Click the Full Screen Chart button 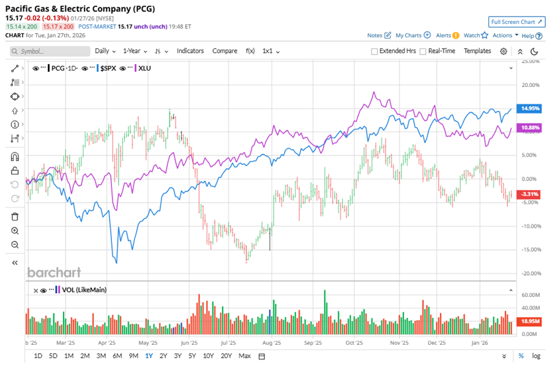click(x=517, y=22)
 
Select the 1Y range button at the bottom click(x=149, y=356)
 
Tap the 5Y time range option click(x=192, y=356)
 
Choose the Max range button click(x=244, y=356)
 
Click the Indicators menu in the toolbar click(x=190, y=51)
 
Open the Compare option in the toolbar click(x=225, y=51)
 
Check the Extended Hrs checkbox click(x=375, y=51)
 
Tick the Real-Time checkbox click(x=423, y=51)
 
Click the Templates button click(x=477, y=51)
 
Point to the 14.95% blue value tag click(x=529, y=108)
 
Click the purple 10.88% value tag click(x=529, y=127)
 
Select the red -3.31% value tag click(x=529, y=194)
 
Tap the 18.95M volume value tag click(x=529, y=321)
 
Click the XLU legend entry click(x=145, y=68)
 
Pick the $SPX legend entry click(x=108, y=68)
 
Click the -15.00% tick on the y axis click(x=530, y=249)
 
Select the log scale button click(x=536, y=356)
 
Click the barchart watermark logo click(x=54, y=272)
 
